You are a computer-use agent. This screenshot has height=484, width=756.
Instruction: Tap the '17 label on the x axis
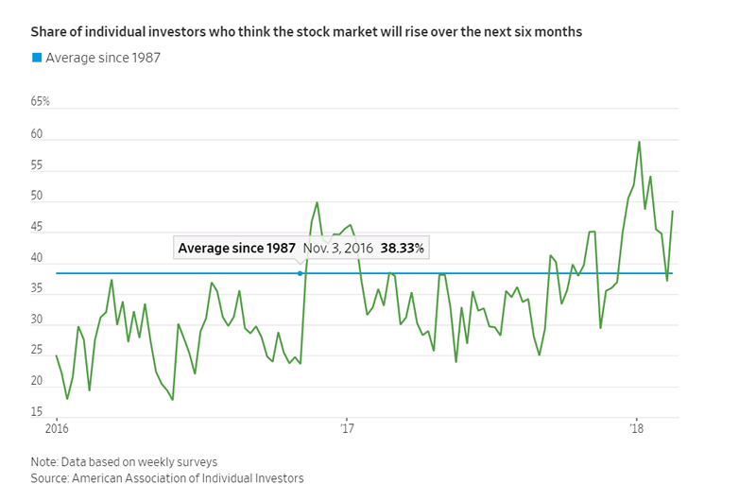click(x=348, y=430)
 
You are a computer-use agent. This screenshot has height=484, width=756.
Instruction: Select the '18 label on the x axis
click(x=637, y=430)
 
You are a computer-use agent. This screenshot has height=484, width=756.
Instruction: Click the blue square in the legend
click(x=37, y=58)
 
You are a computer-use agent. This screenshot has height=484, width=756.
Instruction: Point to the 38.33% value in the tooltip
click(x=403, y=248)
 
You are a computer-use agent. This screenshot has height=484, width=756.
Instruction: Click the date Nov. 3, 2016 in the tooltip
click(x=338, y=248)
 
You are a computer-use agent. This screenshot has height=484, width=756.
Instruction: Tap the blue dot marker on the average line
click(x=301, y=273)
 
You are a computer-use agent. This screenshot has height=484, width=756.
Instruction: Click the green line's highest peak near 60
click(x=640, y=142)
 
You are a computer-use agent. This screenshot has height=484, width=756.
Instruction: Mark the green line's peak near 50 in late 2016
click(x=317, y=202)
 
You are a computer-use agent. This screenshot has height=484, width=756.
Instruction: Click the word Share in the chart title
click(x=48, y=32)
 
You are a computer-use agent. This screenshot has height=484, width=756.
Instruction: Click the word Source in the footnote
click(x=49, y=478)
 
